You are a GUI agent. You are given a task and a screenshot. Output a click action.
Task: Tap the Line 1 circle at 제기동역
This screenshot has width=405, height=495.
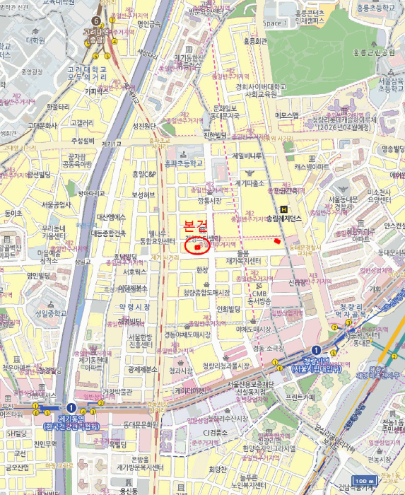[x=71, y=408]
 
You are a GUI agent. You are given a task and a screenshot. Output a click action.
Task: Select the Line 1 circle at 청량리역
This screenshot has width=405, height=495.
[x=315, y=350]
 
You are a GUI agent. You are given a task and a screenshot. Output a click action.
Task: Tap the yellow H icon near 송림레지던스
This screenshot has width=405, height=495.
[x=284, y=209]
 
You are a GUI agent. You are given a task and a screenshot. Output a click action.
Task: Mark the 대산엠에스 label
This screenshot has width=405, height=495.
[x=111, y=217]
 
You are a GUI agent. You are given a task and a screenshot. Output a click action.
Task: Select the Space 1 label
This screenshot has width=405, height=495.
[x=273, y=23]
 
